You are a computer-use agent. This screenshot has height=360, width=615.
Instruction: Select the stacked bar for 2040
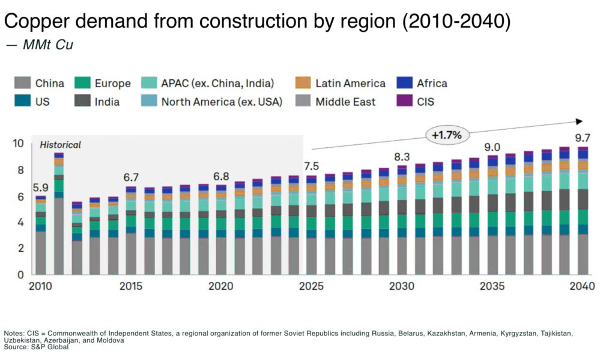[583, 211]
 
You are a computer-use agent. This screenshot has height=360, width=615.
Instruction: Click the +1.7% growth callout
[446, 135]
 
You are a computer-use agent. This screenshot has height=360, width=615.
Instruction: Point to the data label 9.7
[583, 138]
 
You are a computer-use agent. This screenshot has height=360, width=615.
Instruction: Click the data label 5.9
[40, 187]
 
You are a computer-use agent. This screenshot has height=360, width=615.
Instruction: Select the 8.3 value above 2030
[402, 157]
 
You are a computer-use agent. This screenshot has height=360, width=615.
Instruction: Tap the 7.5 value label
[311, 166]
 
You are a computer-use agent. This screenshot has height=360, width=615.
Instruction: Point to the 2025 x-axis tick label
[311, 286]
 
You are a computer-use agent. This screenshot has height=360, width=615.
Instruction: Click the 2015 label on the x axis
[131, 286]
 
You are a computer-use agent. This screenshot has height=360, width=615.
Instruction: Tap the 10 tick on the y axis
[18, 144]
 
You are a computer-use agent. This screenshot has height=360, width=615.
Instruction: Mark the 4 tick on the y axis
[20, 222]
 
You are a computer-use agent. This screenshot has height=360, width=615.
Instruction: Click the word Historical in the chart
[60, 145]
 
